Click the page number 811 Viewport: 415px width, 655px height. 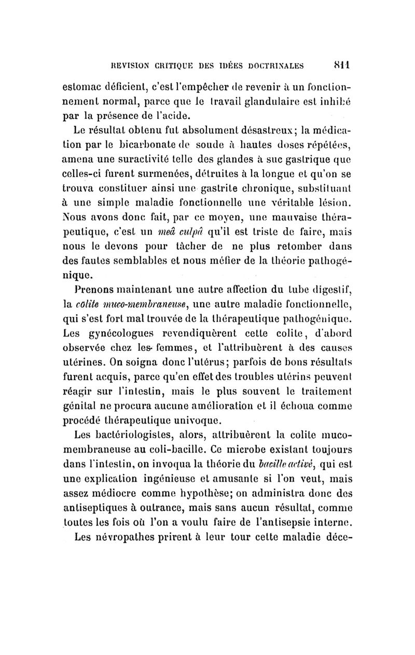[x=349, y=66]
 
